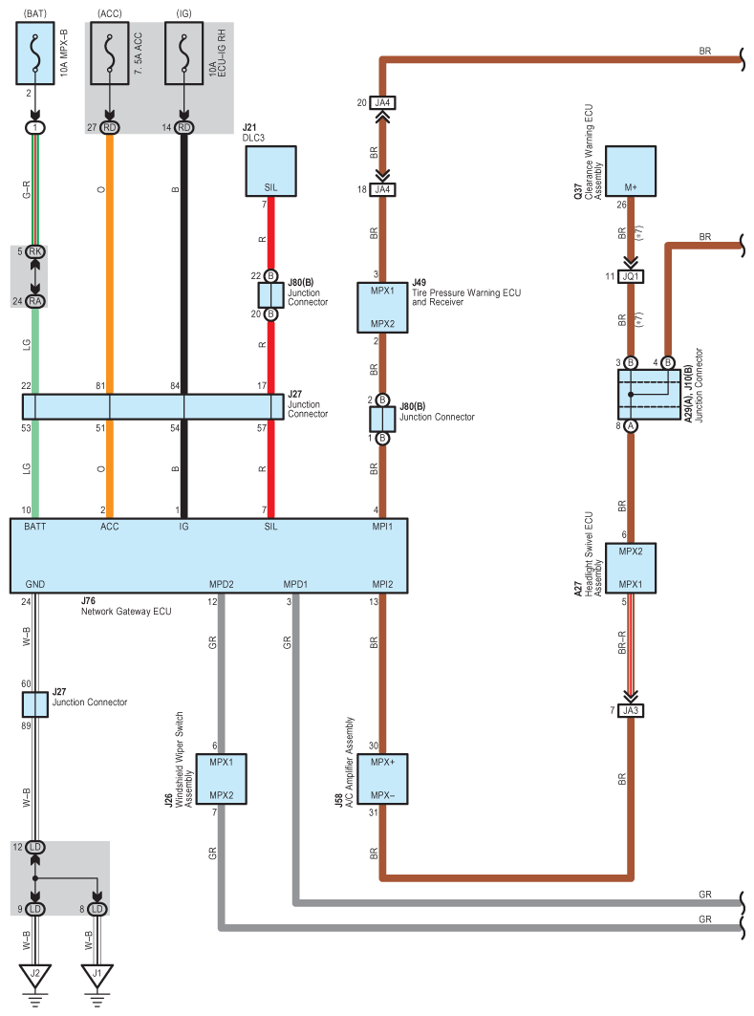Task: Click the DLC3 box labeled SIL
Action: (270, 170)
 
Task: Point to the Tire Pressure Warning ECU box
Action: (381, 306)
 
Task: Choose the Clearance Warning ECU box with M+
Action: (629, 172)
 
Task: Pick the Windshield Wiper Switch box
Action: (222, 778)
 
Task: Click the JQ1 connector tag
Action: (630, 276)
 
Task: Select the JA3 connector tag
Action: (630, 710)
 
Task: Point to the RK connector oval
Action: (35, 251)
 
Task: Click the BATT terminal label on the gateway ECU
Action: (34, 526)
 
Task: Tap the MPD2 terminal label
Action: (222, 583)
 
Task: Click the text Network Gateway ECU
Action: (126, 611)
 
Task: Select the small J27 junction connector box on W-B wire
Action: (35, 705)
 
